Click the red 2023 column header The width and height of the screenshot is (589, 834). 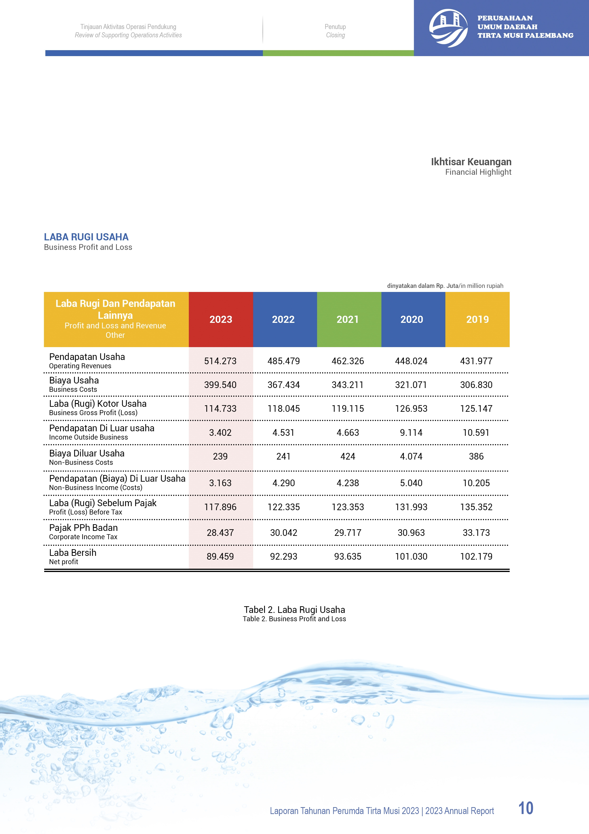pyautogui.click(x=221, y=319)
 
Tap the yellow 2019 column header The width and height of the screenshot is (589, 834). pyautogui.click(x=477, y=319)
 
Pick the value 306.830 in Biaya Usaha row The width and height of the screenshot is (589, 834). pyautogui.click(x=476, y=385)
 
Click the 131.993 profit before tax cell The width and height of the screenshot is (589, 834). pyautogui.click(x=411, y=507)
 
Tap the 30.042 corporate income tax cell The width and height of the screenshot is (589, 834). pyautogui.click(x=283, y=533)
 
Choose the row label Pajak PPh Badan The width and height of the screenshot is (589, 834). pyautogui.click(x=83, y=528)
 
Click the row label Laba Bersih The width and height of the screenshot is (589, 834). pyautogui.click(x=73, y=553)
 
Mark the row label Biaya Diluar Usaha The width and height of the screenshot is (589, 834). pyautogui.click(x=87, y=453)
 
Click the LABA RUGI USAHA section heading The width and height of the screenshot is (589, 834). pyautogui.click(x=86, y=237)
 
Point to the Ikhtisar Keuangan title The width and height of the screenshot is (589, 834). pyautogui.click(x=471, y=162)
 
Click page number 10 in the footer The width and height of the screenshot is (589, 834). pyautogui.click(x=526, y=808)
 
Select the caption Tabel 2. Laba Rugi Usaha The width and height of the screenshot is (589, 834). pyautogui.click(x=294, y=610)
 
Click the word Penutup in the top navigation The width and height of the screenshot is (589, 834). pyautogui.click(x=335, y=27)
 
